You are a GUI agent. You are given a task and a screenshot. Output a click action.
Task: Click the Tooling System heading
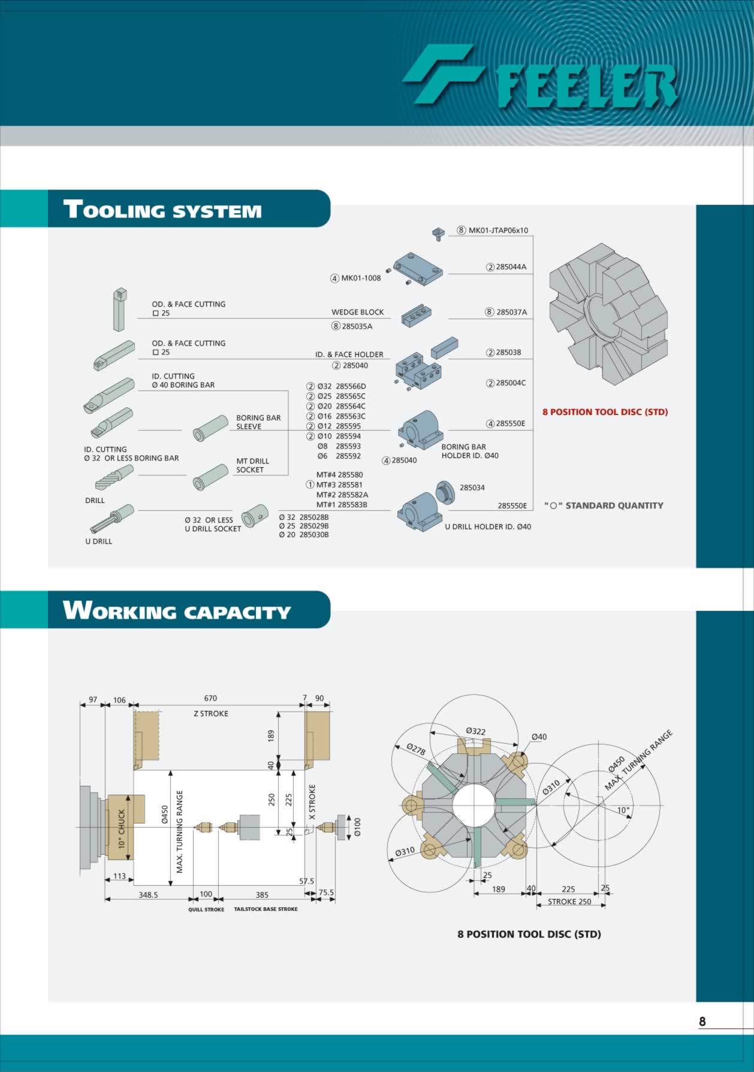pos(162,209)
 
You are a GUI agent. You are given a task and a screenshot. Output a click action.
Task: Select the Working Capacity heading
pos(177,610)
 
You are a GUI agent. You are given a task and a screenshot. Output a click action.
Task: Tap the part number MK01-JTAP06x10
pos(498,230)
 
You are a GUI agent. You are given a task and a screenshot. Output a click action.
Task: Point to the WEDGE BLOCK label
pos(358,312)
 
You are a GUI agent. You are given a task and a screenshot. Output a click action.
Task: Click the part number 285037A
pos(511,312)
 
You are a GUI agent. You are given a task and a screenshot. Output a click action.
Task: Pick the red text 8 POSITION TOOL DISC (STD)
pos(605,412)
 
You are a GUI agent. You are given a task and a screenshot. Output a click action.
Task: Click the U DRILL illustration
pos(112,519)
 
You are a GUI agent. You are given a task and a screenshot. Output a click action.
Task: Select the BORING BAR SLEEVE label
pos(258,422)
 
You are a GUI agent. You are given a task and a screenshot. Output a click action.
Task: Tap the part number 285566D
pos(351,386)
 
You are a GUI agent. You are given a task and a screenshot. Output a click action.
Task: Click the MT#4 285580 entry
pos(339,475)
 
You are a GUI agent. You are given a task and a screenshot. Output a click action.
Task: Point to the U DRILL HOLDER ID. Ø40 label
pos(488,527)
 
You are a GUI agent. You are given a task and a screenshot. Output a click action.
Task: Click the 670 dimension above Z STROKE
pos(210,698)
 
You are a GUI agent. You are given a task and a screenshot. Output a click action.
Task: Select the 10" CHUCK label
pos(122,829)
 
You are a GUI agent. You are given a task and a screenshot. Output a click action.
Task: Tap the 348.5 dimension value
pos(148,895)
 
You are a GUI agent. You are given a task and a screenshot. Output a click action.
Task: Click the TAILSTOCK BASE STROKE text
pos(266,909)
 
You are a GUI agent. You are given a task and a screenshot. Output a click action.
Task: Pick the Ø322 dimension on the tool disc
pos(476,731)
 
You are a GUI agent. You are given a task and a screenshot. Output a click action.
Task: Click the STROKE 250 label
pos(569,902)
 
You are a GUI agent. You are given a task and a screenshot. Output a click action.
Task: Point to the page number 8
pos(702,1022)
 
